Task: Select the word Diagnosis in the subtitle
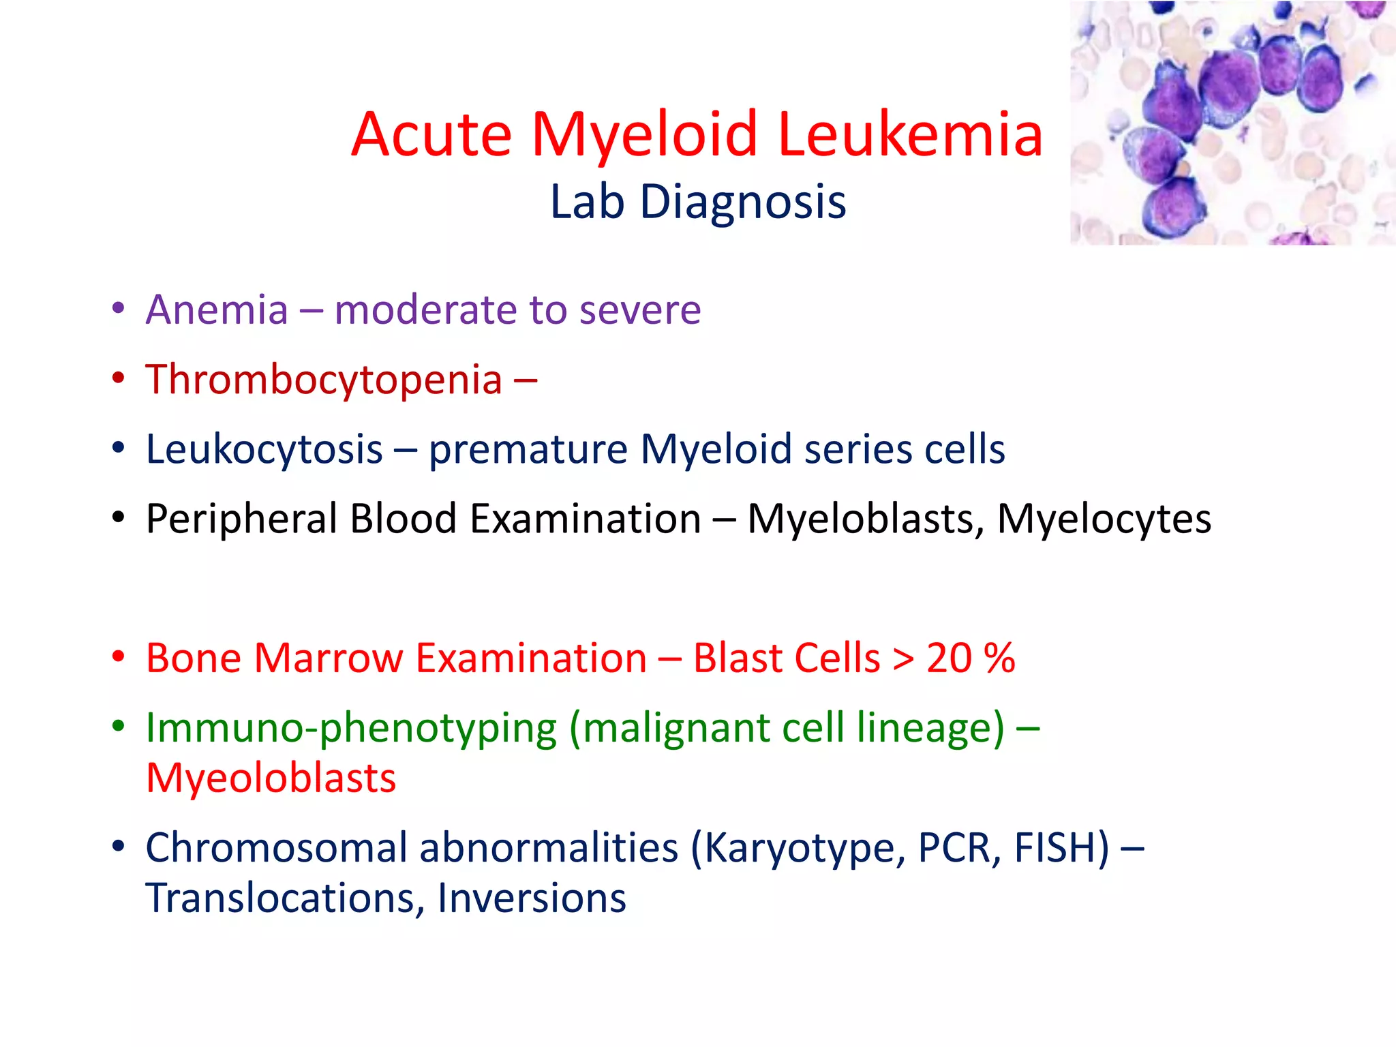[743, 202]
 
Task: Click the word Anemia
[217, 310]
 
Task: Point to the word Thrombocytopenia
[324, 380]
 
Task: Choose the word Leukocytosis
[264, 450]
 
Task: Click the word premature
[528, 450]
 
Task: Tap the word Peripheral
[241, 519]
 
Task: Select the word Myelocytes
[1104, 519]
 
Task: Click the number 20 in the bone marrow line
[949, 658]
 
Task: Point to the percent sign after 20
[999, 658]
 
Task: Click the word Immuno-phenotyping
[351, 728]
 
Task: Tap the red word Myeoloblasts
[271, 778]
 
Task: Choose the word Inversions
[532, 898]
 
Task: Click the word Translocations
[281, 898]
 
